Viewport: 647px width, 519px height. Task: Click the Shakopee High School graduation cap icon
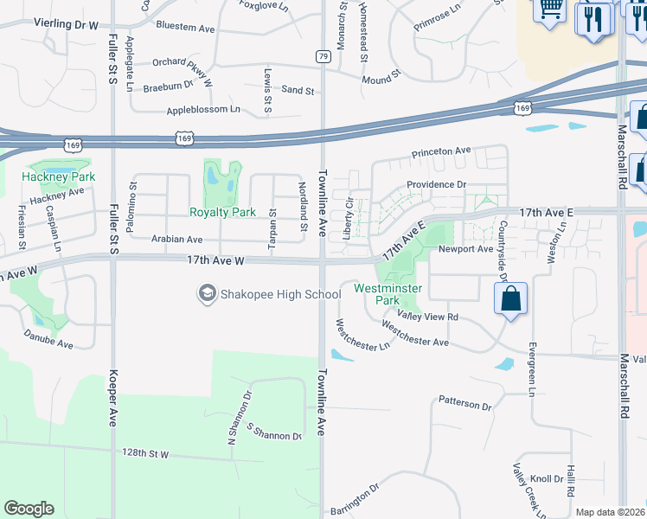click(208, 295)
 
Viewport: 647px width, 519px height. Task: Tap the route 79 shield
click(323, 56)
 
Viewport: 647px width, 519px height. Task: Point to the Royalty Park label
click(222, 212)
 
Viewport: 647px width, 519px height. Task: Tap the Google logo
click(29, 508)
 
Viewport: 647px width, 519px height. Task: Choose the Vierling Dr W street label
click(67, 26)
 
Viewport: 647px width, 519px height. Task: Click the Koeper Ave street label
click(112, 399)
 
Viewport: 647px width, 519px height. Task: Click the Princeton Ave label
click(441, 151)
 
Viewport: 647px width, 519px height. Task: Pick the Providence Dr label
click(437, 184)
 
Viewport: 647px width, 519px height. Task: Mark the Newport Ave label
click(465, 249)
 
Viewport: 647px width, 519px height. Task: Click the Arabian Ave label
click(176, 240)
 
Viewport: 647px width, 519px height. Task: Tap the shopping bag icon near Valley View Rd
click(511, 299)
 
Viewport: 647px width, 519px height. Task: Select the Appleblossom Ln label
click(202, 110)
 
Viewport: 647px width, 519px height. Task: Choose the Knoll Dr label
click(547, 478)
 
